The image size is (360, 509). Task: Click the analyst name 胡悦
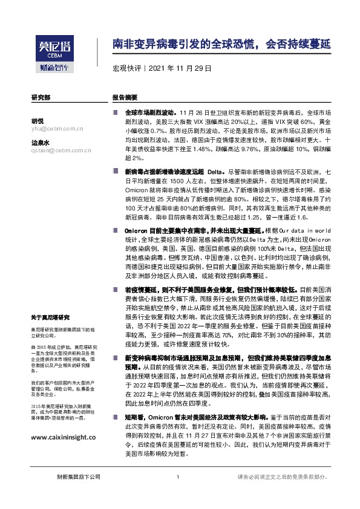[38, 120]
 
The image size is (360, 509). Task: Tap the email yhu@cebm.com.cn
[56, 128]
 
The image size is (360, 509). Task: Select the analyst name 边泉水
[41, 143]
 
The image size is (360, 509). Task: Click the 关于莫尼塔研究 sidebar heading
[52, 317]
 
